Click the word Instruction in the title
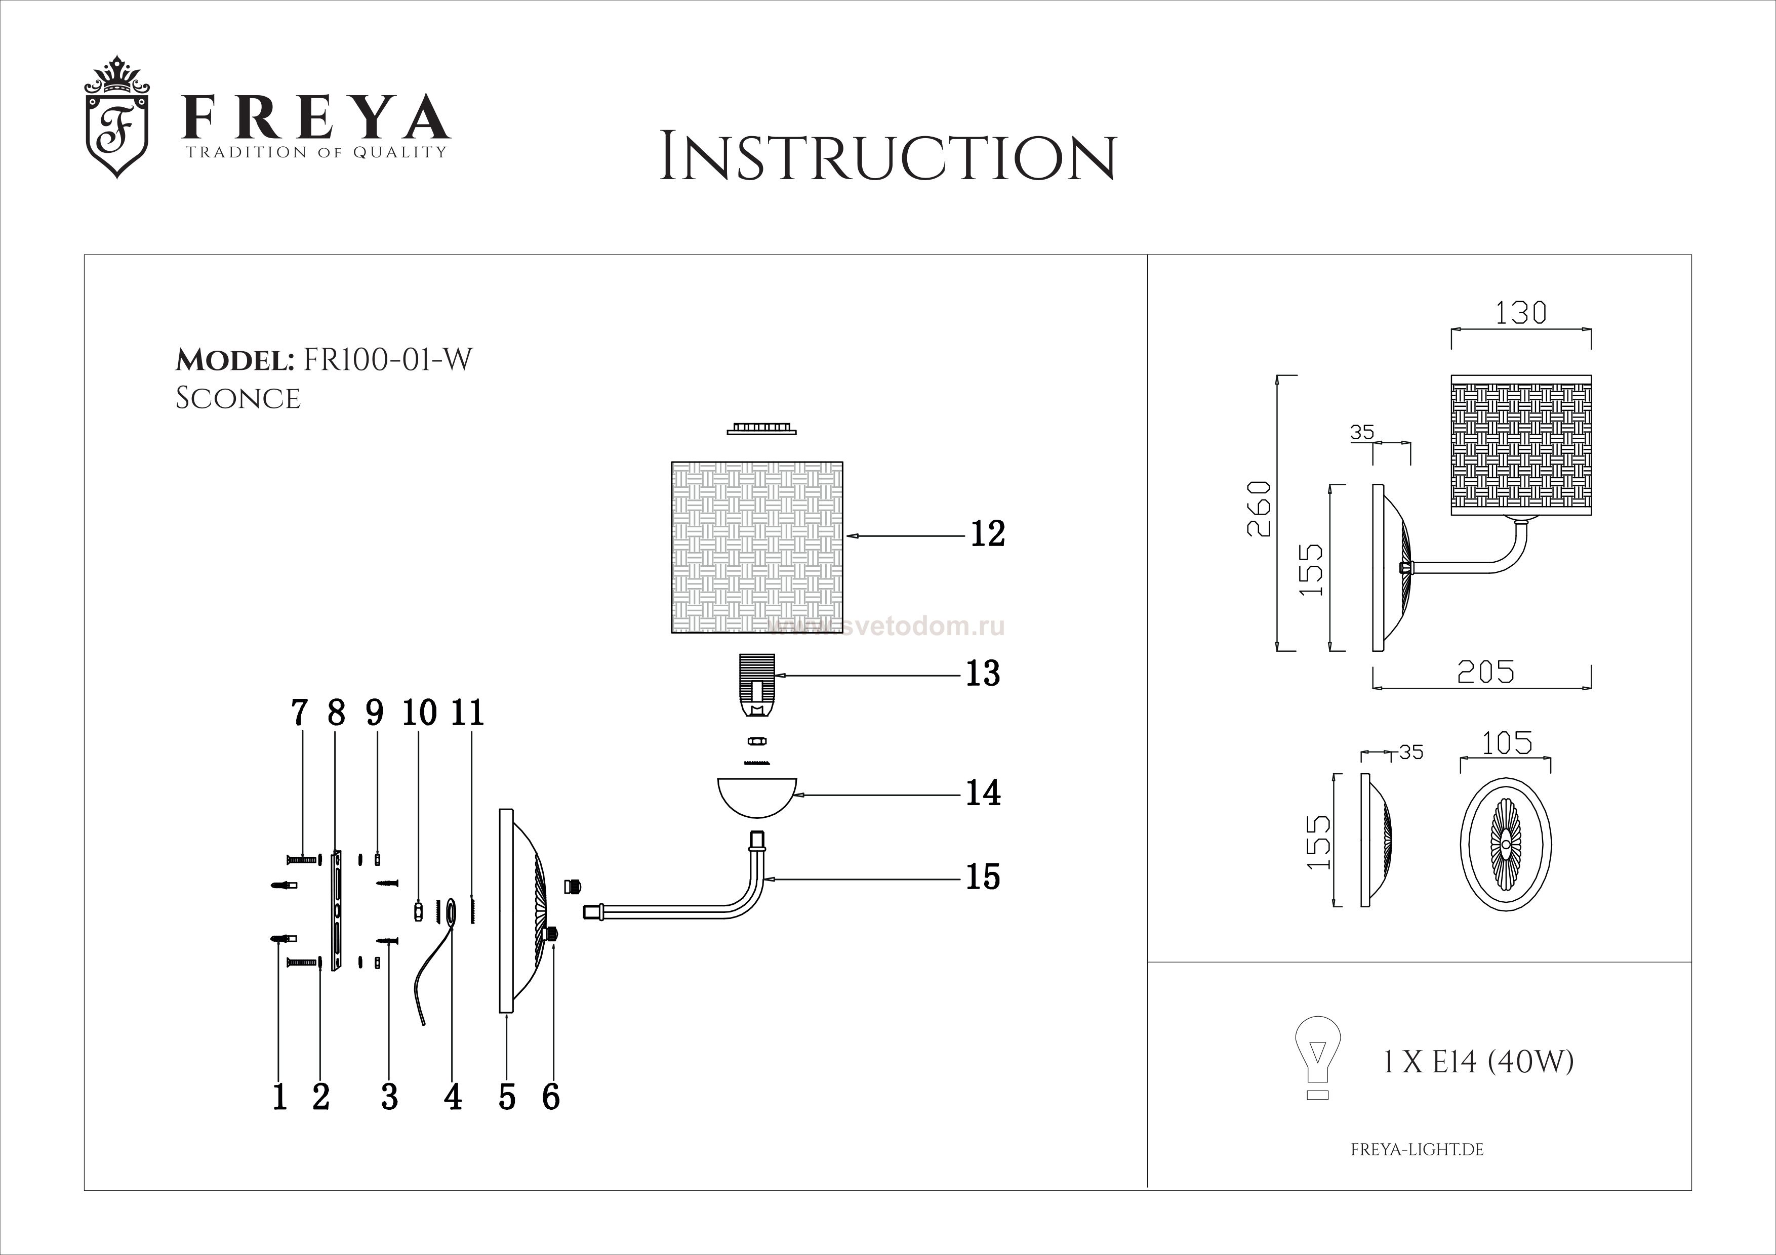887,158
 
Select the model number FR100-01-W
387,360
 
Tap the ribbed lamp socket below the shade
757,684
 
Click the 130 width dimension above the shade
1520,313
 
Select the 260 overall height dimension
1259,508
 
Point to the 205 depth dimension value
1485,672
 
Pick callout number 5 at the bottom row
507,1097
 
